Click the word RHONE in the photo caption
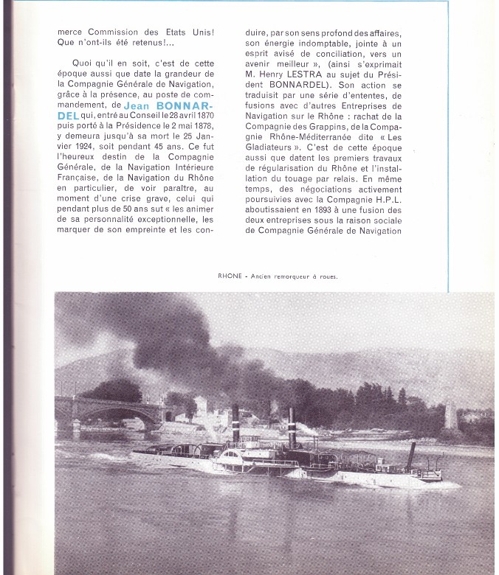[x=231, y=277]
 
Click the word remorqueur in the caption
[x=289, y=277]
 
